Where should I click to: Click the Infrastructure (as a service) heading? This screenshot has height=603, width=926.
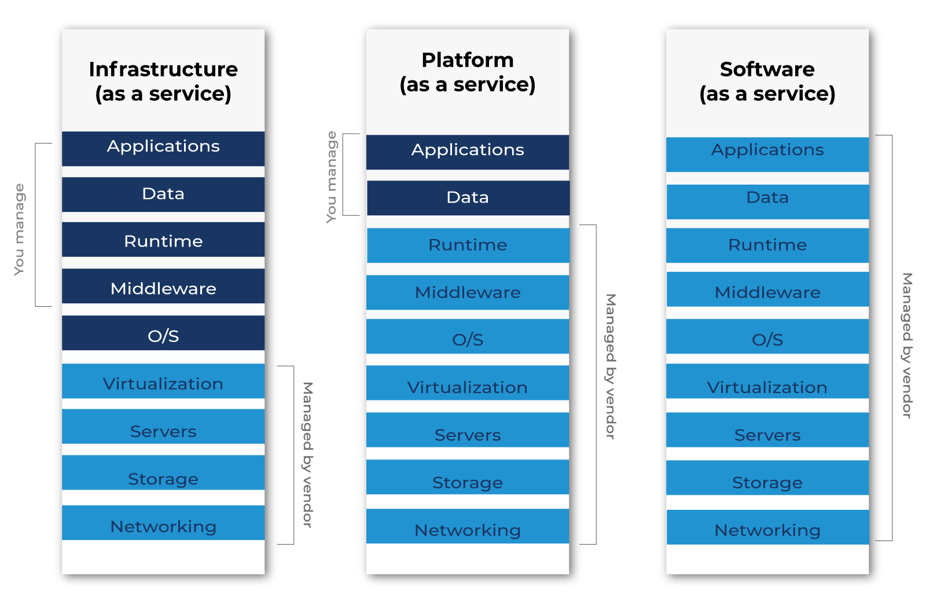[163, 81]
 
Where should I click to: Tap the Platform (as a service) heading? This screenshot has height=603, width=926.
[468, 72]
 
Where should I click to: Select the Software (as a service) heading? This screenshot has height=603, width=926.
[767, 81]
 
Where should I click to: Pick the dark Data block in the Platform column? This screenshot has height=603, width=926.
[468, 198]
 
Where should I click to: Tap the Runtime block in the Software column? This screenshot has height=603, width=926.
[767, 245]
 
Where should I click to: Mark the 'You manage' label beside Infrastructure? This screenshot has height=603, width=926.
[19, 230]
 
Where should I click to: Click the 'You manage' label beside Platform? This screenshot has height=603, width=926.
[331, 177]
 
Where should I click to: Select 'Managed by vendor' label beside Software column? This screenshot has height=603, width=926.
[907, 345]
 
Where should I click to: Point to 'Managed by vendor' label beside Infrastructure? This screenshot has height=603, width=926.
[307, 454]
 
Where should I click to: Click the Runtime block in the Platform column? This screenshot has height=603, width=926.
[468, 245]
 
